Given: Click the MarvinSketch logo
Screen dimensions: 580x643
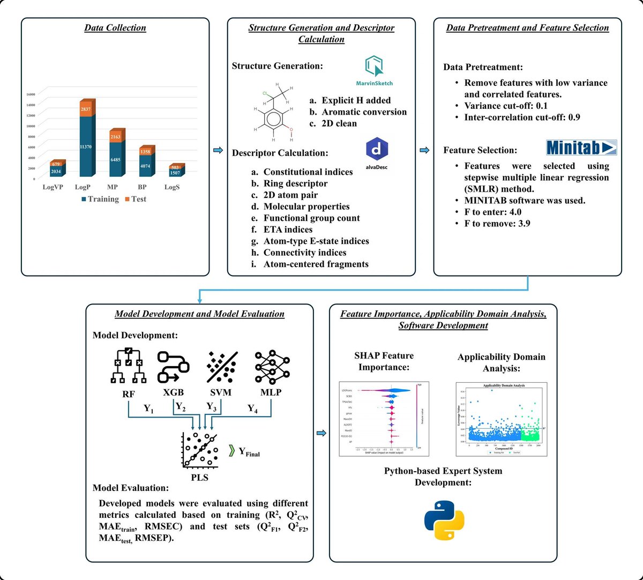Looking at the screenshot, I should pyautogui.click(x=374, y=70).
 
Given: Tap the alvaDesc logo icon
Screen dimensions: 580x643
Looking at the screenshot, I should pyautogui.click(x=377, y=152).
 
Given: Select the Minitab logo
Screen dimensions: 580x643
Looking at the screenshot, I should pyautogui.click(x=581, y=147).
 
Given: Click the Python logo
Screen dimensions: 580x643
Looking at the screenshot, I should pyautogui.click(x=444, y=520).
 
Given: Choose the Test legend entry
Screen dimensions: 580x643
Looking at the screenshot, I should pyautogui.click(x=135, y=199).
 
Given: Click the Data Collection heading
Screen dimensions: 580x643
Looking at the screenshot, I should pyautogui.click(x=115, y=28).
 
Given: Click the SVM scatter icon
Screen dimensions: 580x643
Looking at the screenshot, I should pyautogui.click(x=222, y=367).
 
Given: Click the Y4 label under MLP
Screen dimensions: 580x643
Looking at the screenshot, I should pyautogui.click(x=252, y=409).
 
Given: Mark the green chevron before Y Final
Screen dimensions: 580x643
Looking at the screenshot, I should pyautogui.click(x=231, y=450).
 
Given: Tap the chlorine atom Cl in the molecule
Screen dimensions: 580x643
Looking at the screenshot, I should pyautogui.click(x=265, y=93).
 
